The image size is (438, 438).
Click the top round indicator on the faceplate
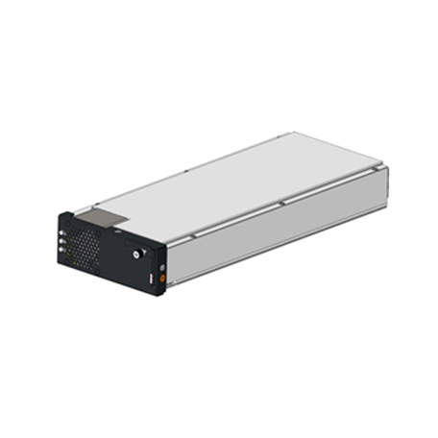pyautogui.click(x=61, y=233)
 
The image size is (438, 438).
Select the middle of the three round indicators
pyautogui.click(x=61, y=242)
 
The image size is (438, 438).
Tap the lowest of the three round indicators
pyautogui.click(x=61, y=250)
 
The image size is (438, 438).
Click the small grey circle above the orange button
pyautogui.click(x=162, y=268)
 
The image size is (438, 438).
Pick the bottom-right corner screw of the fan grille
pyautogui.click(x=97, y=271)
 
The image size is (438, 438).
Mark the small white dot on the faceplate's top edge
pyautogui.click(x=117, y=231)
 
